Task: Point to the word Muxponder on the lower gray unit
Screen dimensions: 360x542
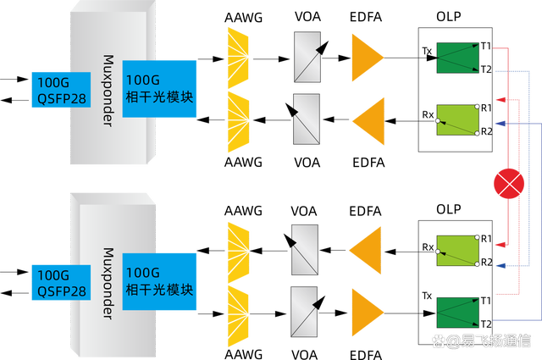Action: pyautogui.click(x=108, y=283)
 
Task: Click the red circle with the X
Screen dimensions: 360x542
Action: pyautogui.click(x=510, y=184)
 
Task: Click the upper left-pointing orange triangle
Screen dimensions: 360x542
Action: pyautogui.click(x=367, y=119)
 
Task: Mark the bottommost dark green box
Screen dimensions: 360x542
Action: pyautogui.click(x=458, y=312)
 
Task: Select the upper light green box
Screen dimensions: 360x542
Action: pyautogui.click(x=458, y=120)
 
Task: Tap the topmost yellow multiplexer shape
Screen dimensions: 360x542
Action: pyautogui.click(x=238, y=56)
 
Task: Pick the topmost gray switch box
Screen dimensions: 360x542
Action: pyautogui.click(x=305, y=56)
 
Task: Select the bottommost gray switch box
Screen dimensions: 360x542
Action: pyautogui.click(x=305, y=310)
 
